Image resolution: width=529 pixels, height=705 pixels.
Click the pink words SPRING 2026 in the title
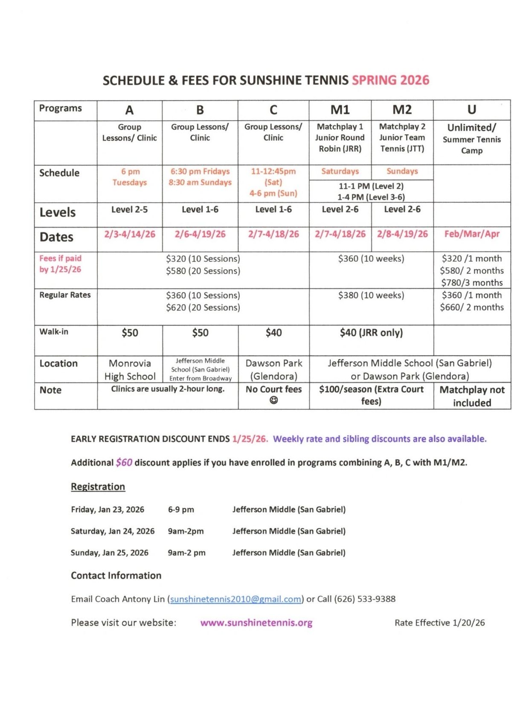pos(390,80)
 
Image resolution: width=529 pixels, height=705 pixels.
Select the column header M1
pos(340,110)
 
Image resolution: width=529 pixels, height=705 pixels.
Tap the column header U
pos(471,110)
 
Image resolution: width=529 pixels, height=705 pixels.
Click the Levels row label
pos(58,212)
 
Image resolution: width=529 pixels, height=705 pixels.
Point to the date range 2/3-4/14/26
pos(130,234)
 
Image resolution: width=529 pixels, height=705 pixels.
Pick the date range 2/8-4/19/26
pos(402,234)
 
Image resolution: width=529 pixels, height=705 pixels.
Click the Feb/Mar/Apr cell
pos(472,234)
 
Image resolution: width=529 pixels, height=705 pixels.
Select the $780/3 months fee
pos(472,282)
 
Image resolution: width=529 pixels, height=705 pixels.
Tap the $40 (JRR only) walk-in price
pos(371,333)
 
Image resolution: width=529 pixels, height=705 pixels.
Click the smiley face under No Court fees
pos(274,400)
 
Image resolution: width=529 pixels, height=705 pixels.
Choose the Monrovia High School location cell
pos(130,369)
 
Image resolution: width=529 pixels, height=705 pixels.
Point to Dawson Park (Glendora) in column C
pos(274,369)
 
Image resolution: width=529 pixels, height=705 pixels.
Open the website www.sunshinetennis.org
pos(256,623)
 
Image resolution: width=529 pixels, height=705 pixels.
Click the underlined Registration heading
pos(98,487)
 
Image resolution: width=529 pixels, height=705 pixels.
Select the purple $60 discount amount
pos(124,463)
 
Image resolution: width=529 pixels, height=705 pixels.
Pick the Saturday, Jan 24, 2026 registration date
pos(113,531)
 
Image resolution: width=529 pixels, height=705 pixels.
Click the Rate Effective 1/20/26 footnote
pos(439,623)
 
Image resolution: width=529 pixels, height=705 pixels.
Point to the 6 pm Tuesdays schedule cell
pos(130,177)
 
